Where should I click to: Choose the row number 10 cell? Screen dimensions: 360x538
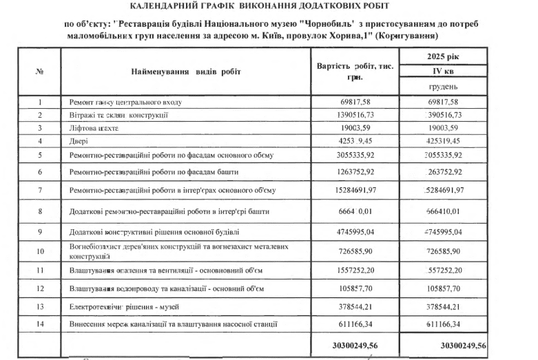[40, 251]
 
